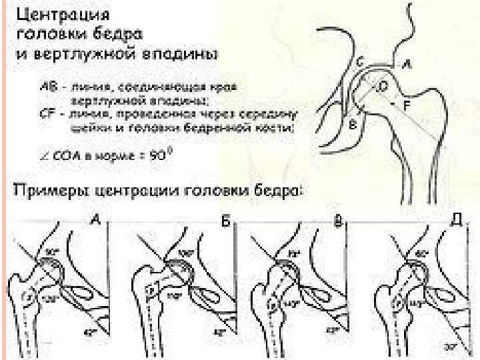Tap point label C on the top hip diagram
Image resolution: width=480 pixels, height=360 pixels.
[x=360, y=62]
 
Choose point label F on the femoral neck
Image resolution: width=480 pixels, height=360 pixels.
[x=406, y=105]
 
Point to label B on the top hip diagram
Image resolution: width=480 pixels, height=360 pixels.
[x=353, y=124]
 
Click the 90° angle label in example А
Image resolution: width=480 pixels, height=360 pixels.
[x=53, y=251]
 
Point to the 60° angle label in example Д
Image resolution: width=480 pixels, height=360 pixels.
[x=421, y=254]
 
